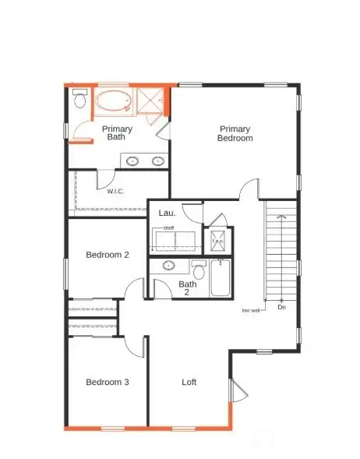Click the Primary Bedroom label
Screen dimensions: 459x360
[x=235, y=133]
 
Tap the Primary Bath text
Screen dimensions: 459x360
[x=116, y=133]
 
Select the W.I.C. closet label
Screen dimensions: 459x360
[x=115, y=190]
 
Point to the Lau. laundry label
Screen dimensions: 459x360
[x=167, y=212]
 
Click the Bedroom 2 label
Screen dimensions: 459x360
[x=108, y=255]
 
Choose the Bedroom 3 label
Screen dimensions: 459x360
[x=107, y=382]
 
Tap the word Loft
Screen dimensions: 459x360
[x=189, y=382]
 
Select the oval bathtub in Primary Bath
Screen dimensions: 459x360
[x=114, y=103]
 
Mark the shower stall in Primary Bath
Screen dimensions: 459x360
[x=150, y=102]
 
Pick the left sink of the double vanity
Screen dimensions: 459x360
[x=133, y=161]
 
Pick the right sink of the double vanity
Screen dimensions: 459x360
[x=158, y=161]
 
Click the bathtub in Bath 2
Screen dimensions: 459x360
[x=220, y=277]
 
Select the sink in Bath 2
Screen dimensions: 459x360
[x=168, y=266]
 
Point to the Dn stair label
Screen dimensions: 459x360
[x=281, y=307]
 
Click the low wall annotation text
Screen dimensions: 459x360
[x=251, y=311]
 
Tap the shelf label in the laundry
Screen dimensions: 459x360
[x=168, y=228]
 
